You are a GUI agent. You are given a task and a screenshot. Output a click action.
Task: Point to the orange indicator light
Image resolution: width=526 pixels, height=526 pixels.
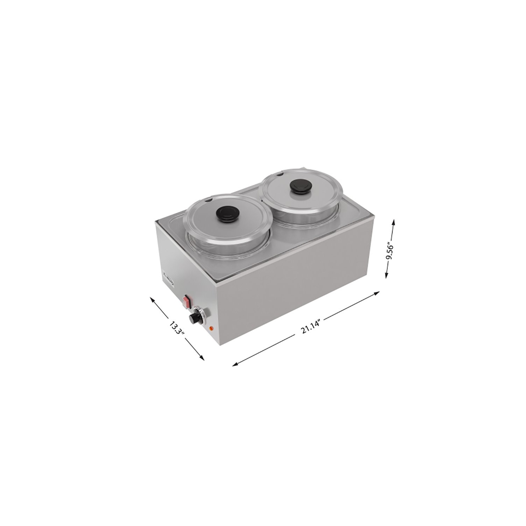(211, 329)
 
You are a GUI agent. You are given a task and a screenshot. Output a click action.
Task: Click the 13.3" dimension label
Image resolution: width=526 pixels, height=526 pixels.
(177, 327)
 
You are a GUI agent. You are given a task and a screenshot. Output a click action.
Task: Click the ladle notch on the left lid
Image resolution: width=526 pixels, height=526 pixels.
(208, 201)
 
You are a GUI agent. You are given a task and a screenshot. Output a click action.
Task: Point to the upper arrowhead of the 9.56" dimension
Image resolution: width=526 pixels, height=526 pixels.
(393, 221)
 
